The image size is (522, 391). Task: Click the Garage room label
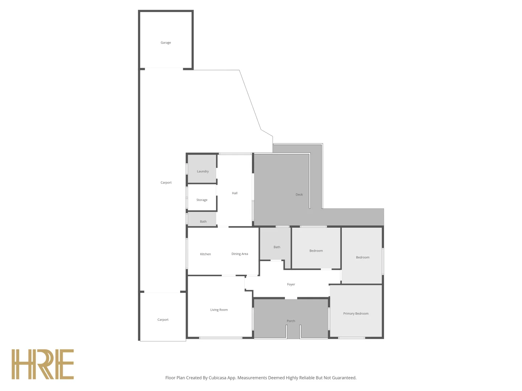pos(166,43)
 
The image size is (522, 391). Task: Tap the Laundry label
pos(203,171)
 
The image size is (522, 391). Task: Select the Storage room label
pos(202,200)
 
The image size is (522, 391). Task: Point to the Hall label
pos(235,193)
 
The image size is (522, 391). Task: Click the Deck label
pos(299,194)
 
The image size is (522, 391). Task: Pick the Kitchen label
pos(205,254)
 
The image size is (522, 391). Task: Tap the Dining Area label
pos(240,254)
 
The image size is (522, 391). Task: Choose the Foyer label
pos(291,285)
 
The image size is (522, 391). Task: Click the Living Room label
pos(219,310)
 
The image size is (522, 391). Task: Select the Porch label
pos(291,321)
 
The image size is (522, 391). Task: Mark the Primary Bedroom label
pos(356,314)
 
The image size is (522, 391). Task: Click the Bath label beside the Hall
pos(203,222)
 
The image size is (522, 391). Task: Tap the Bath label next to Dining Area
pos(277,247)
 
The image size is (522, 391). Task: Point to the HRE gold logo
pos(43,364)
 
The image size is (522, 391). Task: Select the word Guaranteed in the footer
pos(343,378)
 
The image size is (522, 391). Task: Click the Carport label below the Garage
pos(166,182)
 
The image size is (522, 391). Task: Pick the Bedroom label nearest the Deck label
pos(316,251)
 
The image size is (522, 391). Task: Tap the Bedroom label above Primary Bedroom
pos(362,257)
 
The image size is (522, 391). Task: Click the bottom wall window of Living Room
pos(220,338)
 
